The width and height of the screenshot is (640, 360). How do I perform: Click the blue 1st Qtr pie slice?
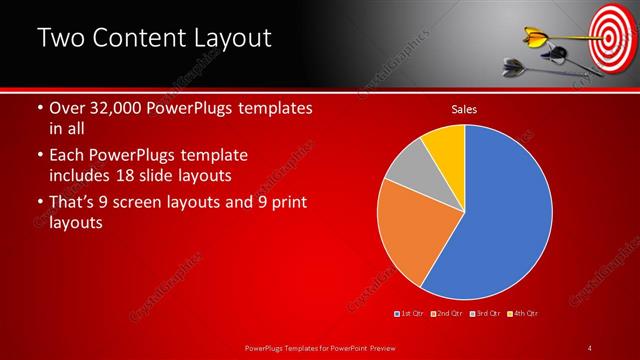pyautogui.click(x=500, y=220)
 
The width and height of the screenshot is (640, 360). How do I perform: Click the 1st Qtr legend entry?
pyautogui.click(x=411, y=314)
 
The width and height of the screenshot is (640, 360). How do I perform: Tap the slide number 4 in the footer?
pyautogui.click(x=591, y=347)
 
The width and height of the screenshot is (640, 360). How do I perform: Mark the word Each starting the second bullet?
pyautogui.click(x=69, y=156)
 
